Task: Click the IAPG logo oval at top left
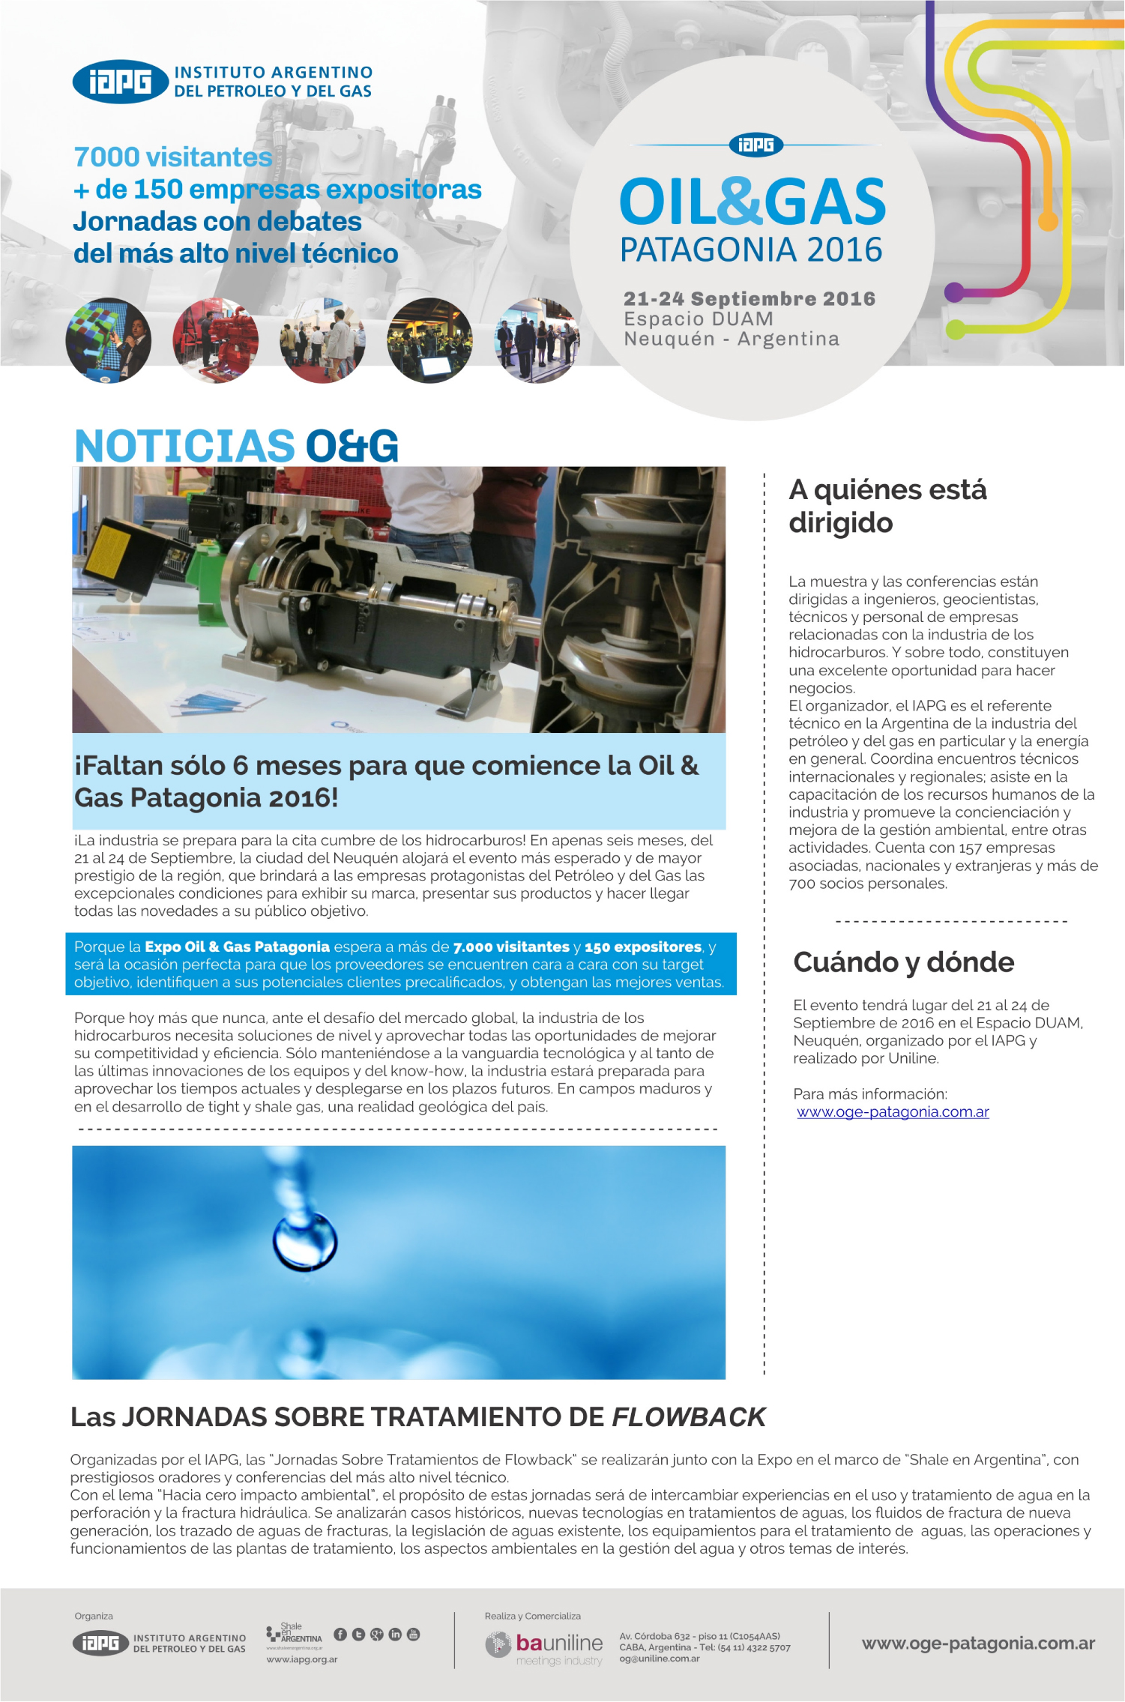[120, 82]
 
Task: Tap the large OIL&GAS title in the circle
[752, 202]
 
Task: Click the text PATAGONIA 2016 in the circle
[751, 250]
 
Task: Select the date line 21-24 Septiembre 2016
[750, 299]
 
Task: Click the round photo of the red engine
[216, 341]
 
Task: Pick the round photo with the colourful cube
[109, 341]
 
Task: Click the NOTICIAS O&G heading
[236, 446]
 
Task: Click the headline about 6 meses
[386, 781]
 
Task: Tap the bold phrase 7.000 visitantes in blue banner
[511, 947]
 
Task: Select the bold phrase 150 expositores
[643, 947]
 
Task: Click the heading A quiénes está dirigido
[887, 506]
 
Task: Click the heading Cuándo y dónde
[903, 962]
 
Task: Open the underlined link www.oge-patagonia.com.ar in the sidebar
[893, 1112]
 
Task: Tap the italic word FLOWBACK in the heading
[689, 1417]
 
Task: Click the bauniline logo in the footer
[546, 1644]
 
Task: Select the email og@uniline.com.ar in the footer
[660, 1659]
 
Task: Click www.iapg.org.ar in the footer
[302, 1659]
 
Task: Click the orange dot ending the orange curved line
[1048, 221]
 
